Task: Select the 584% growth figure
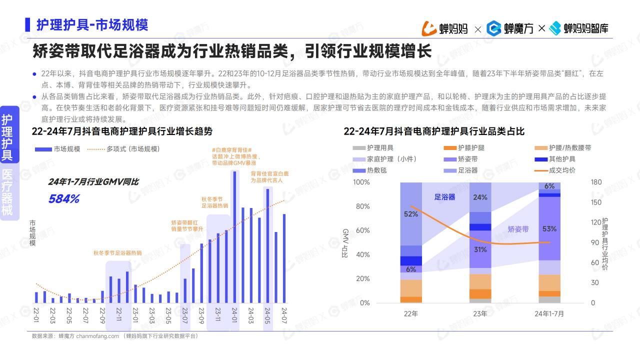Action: [64, 199]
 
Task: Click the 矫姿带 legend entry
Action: [467, 159]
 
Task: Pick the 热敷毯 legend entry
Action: [376, 170]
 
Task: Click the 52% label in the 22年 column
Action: [410, 214]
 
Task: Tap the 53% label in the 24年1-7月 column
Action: [549, 229]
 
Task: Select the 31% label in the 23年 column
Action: [480, 249]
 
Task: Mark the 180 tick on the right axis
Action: [596, 182]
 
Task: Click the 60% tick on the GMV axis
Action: [361, 230]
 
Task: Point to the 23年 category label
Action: [480, 314]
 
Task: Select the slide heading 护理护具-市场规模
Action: [92, 24]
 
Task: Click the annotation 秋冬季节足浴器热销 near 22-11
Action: [117, 253]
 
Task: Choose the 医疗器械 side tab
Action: [7, 192]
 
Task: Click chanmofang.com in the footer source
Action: [97, 336]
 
